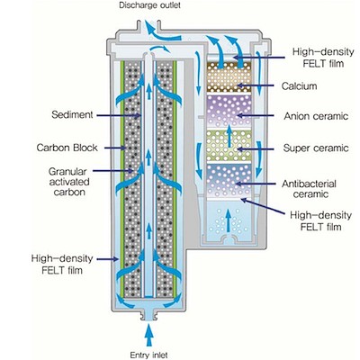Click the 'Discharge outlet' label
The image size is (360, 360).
pyautogui.click(x=150, y=5)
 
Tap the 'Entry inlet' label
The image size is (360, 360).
pyautogui.click(x=148, y=355)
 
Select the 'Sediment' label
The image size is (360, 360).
pyautogui.click(x=72, y=114)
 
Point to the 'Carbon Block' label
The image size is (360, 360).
pyautogui.click(x=67, y=148)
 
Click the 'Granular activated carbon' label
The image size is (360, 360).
pyautogui.click(x=69, y=182)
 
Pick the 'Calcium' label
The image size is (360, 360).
pyautogui.click(x=299, y=86)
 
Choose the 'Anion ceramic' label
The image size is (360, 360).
pyautogui.click(x=316, y=116)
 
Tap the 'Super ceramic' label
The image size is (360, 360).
pyautogui.click(x=316, y=148)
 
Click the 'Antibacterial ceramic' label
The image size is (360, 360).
pyautogui.click(x=309, y=189)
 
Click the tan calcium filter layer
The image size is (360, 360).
pyautogui.click(x=229, y=77)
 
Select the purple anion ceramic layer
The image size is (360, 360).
pyautogui.click(x=229, y=111)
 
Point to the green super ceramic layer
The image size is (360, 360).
pyautogui.click(x=229, y=146)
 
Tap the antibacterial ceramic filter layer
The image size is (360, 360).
pyautogui.click(x=229, y=180)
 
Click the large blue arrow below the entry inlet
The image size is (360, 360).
pyautogui.click(x=148, y=336)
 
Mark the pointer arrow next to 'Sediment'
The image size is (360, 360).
pyautogui.click(x=118, y=115)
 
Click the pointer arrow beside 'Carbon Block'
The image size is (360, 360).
pyautogui.click(x=114, y=148)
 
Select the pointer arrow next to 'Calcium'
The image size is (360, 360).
pyautogui.click(x=256, y=85)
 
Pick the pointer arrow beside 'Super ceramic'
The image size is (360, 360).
pyautogui.click(x=256, y=148)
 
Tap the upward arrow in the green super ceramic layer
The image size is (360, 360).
pyautogui.click(x=229, y=136)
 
